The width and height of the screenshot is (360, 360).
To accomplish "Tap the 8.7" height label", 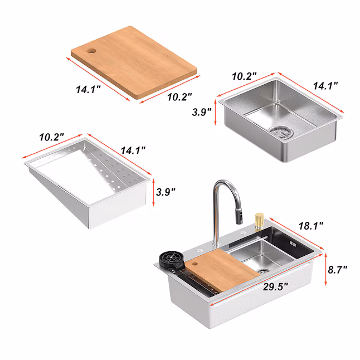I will [x=337, y=269].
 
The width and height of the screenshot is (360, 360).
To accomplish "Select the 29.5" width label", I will [x=276, y=288].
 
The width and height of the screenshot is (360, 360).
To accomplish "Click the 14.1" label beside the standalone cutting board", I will [x=90, y=88].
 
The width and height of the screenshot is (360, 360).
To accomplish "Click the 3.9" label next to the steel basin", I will [x=202, y=111].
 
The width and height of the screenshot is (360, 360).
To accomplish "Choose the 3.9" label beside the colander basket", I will [x=166, y=192].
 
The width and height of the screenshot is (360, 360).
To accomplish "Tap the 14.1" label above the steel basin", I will [x=325, y=86].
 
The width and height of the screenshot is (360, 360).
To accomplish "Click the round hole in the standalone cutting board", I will [x=91, y=51].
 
